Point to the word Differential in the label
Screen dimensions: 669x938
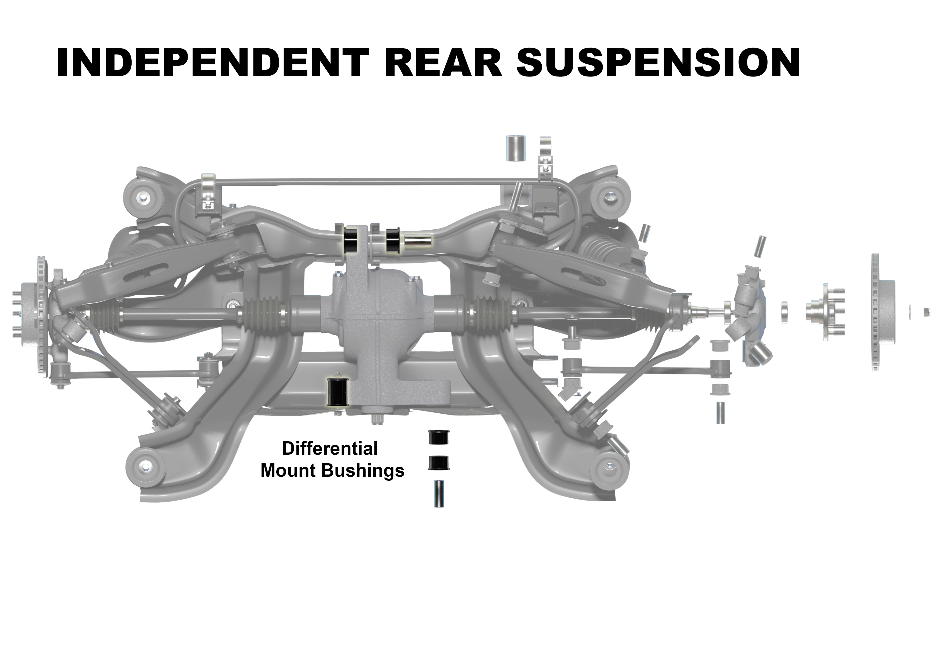[x=330, y=449]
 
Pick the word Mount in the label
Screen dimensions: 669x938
[x=288, y=471]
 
